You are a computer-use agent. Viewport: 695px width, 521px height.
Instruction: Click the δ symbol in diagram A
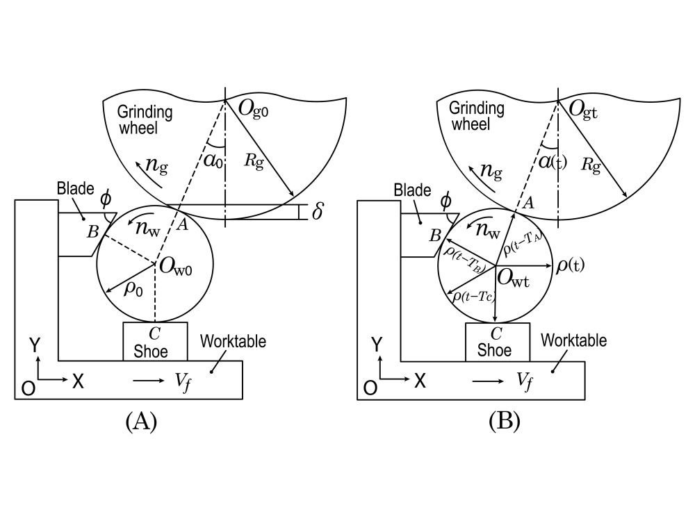click(x=318, y=211)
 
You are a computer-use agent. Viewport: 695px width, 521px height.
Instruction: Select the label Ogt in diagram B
click(x=587, y=108)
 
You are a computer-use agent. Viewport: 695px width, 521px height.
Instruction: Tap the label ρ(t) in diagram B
click(x=571, y=265)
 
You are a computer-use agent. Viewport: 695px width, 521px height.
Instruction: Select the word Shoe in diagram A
click(x=154, y=351)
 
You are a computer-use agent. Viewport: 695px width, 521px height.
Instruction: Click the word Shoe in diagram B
click(x=494, y=351)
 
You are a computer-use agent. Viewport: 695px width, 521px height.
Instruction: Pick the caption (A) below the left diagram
click(x=141, y=422)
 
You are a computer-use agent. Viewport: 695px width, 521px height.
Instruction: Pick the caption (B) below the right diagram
click(x=505, y=422)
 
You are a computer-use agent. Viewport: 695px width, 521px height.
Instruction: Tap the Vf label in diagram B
click(x=525, y=380)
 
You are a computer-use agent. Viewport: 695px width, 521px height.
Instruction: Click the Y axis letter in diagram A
click(x=33, y=345)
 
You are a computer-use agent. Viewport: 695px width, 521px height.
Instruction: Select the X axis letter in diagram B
click(x=420, y=380)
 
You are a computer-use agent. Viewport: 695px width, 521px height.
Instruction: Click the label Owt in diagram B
click(x=519, y=280)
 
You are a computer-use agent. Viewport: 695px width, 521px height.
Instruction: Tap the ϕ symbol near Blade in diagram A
click(x=106, y=199)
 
